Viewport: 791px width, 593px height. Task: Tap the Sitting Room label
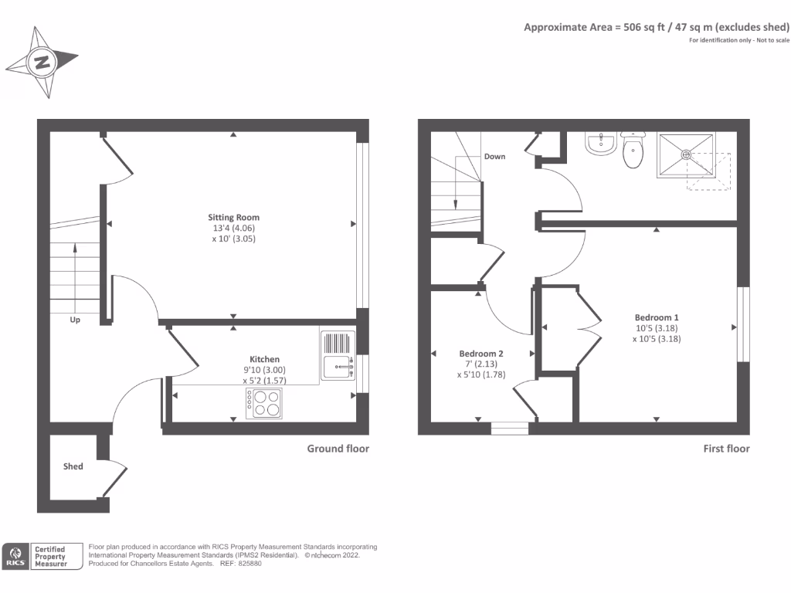[x=233, y=217]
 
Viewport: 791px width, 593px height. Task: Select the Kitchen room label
[x=264, y=359]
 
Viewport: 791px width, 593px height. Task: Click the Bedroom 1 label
[x=657, y=317]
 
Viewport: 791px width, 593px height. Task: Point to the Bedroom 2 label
[x=480, y=354]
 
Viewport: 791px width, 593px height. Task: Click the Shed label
[x=73, y=466]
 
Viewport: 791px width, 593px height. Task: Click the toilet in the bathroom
[x=633, y=151]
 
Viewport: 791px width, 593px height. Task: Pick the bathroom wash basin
[x=599, y=144]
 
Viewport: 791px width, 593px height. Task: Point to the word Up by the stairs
[x=75, y=320]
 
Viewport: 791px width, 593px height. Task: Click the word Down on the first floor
[x=494, y=157]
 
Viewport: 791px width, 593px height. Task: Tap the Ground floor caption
[x=338, y=449]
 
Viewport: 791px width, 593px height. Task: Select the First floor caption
[x=726, y=449]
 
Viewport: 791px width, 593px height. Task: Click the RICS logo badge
[x=15, y=556]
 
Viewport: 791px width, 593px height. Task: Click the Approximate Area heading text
[x=657, y=27]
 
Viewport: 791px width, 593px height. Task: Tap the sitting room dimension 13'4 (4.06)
[x=233, y=228]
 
